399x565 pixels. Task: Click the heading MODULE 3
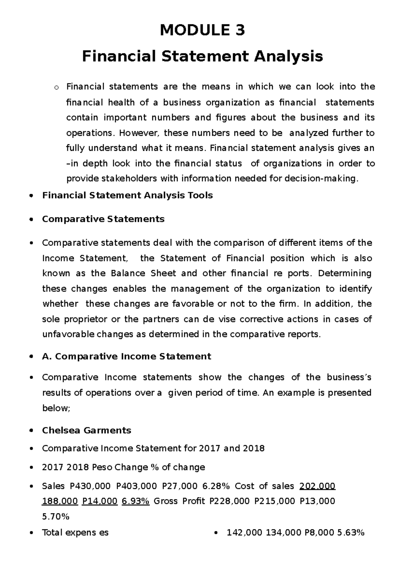pyautogui.click(x=202, y=31)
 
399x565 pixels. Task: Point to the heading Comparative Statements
pyautogui.click(x=103, y=219)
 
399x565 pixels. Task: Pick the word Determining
pyautogui.click(x=344, y=274)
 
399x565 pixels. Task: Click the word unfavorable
pyautogui.click(x=68, y=335)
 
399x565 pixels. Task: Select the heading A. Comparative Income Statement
pyautogui.click(x=126, y=357)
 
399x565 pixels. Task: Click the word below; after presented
pyautogui.click(x=56, y=408)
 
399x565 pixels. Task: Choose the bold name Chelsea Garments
pyautogui.click(x=86, y=430)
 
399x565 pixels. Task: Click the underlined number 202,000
pyautogui.click(x=317, y=486)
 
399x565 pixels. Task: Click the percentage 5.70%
pyautogui.click(x=56, y=517)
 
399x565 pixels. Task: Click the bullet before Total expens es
pyautogui.click(x=31, y=533)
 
